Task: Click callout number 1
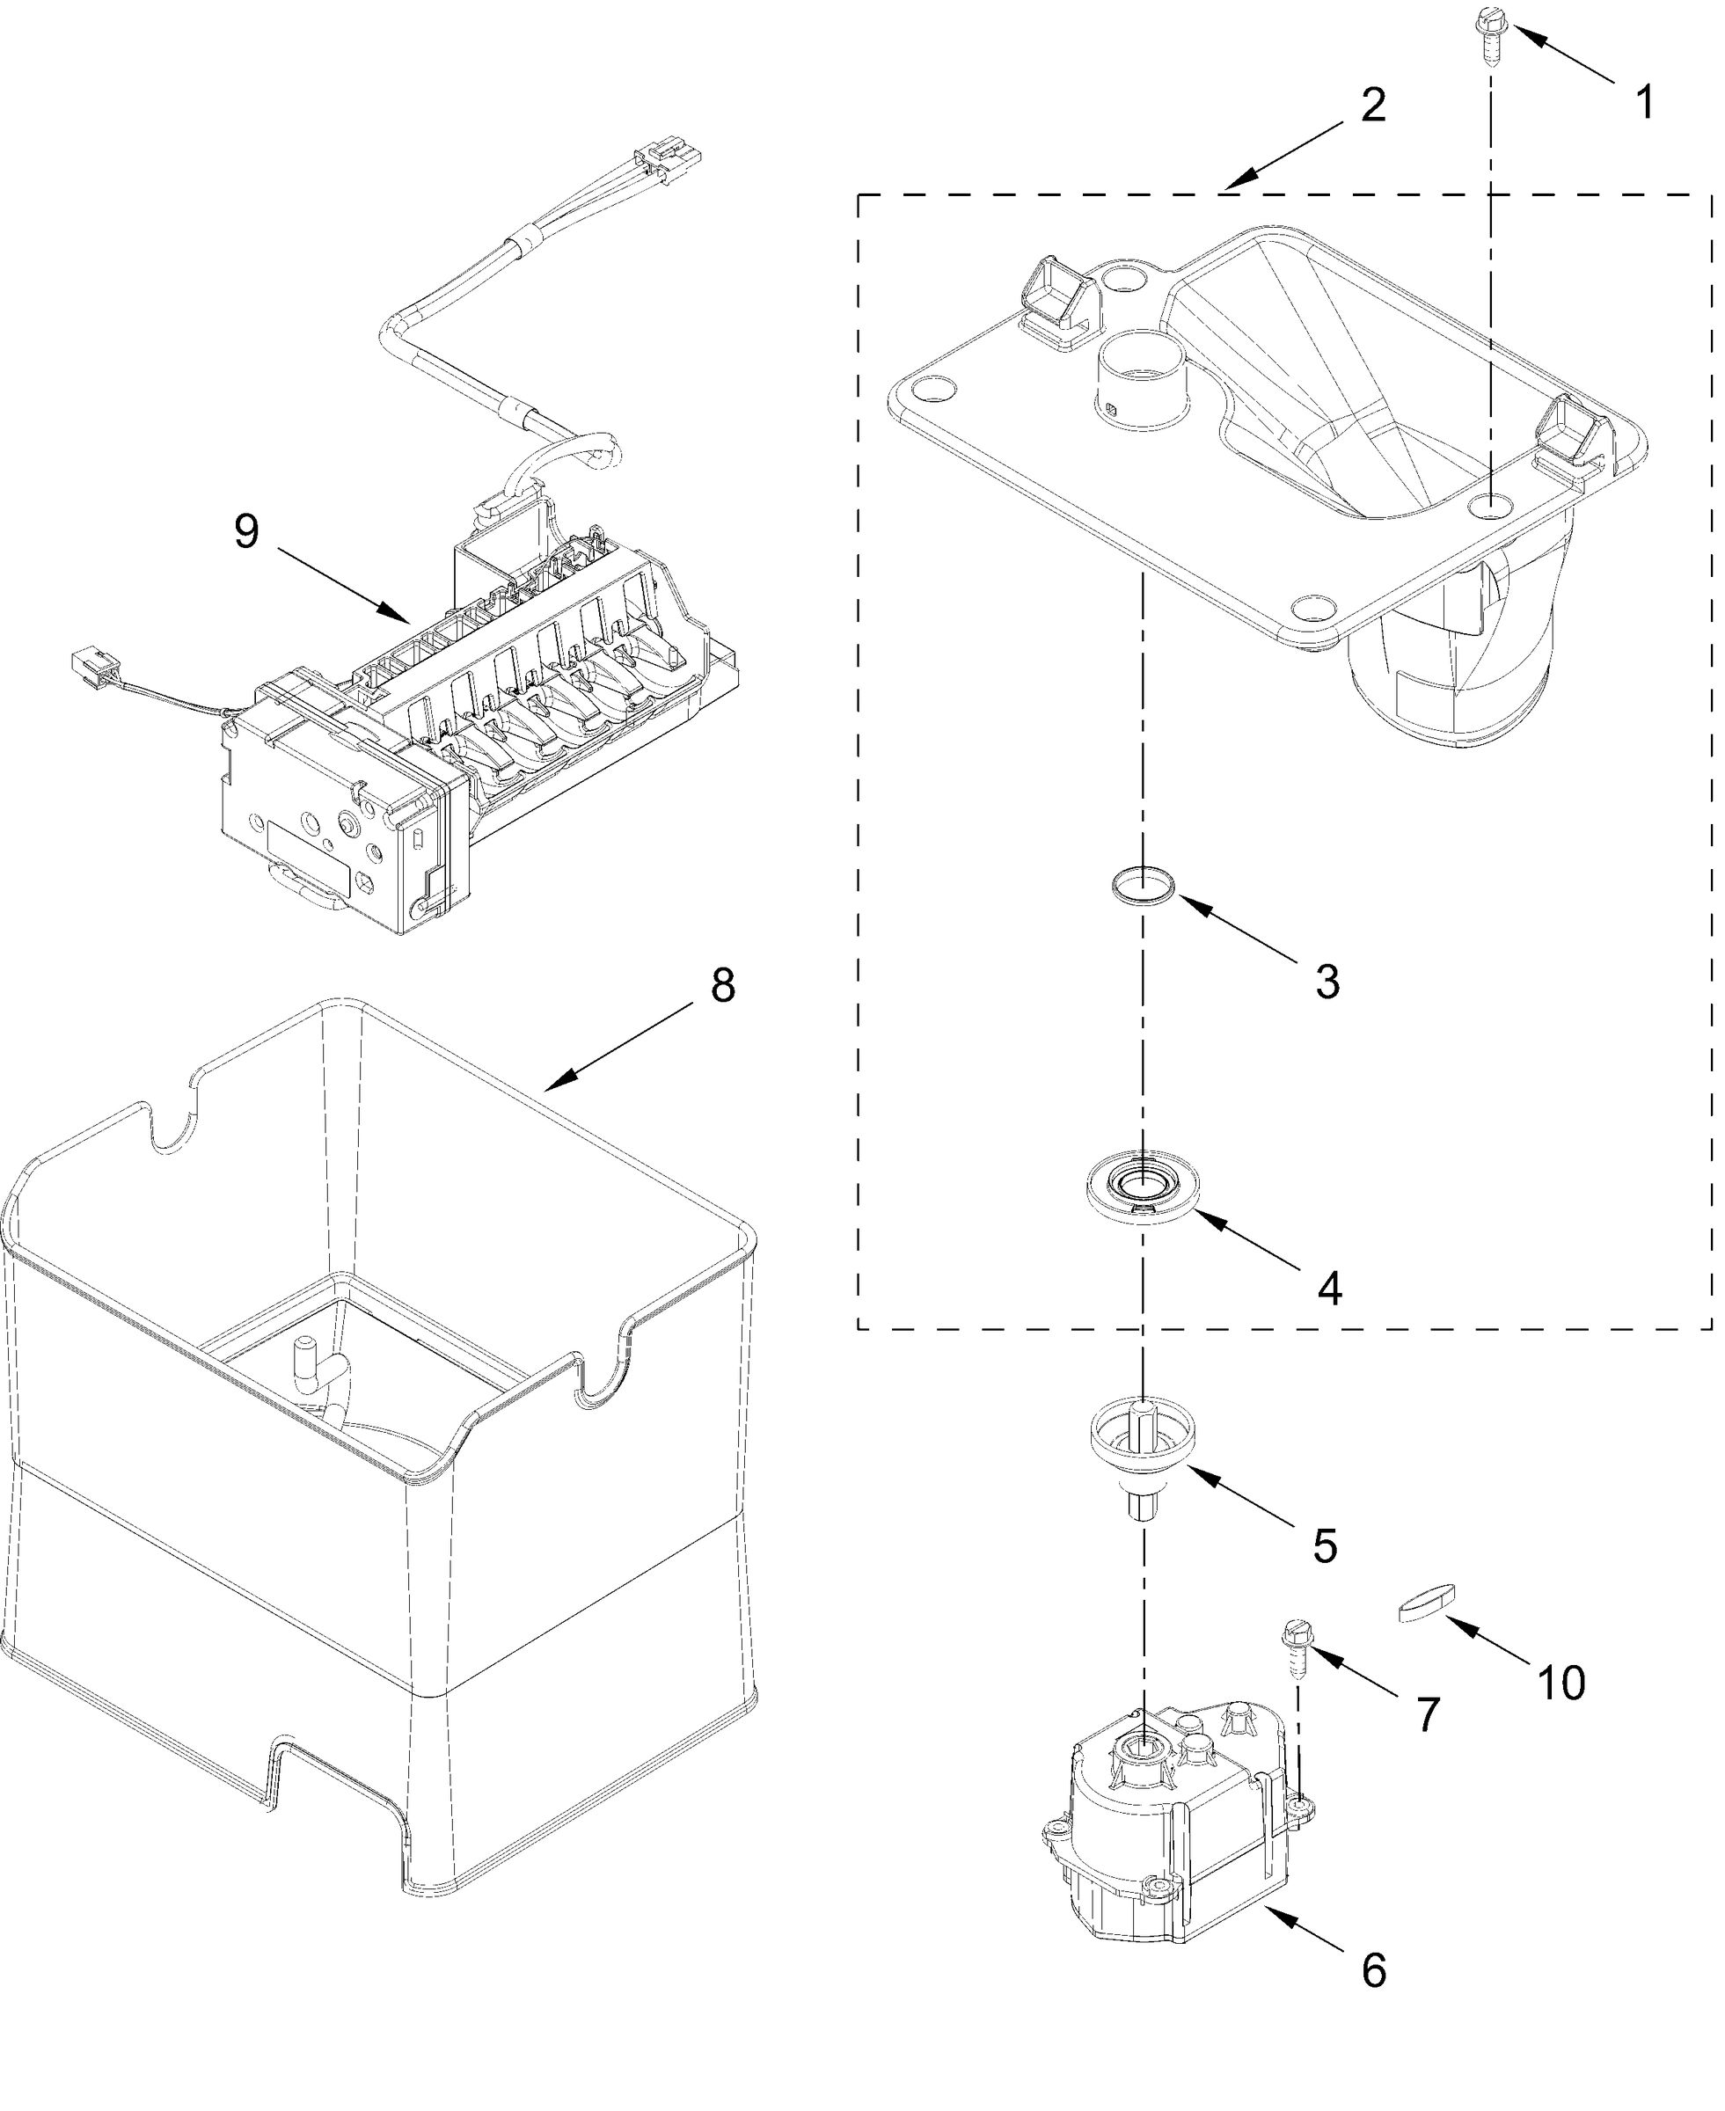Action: coord(1646,102)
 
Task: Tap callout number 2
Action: coord(1372,105)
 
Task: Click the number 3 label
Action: coord(1327,982)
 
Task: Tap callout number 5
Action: coord(1326,1546)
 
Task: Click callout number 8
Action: coord(722,985)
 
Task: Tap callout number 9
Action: coord(246,531)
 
